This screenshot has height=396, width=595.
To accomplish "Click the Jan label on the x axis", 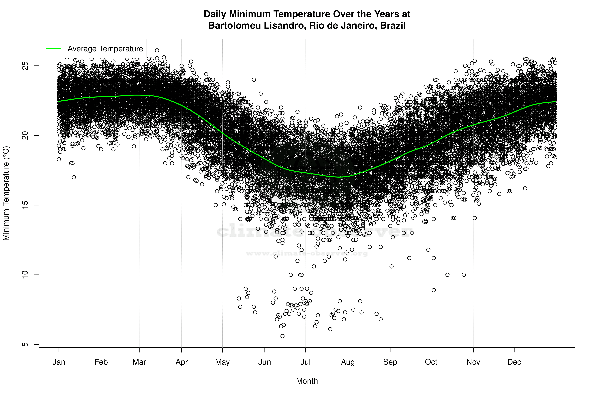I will pyautogui.click(x=59, y=362).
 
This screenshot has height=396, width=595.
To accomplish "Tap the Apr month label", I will pyautogui.click(x=182, y=362).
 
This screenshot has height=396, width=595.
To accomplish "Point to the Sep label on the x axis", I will pyautogui.click(x=390, y=362).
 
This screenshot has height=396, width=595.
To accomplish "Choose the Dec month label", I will pyautogui.click(x=514, y=362).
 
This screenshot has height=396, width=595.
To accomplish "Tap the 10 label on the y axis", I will pyautogui.click(x=25, y=275).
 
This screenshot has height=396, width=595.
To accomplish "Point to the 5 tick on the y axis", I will pyautogui.click(x=25, y=345).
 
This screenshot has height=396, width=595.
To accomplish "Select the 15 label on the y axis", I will pyautogui.click(x=25, y=205).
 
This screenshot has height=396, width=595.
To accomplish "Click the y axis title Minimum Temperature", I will pyautogui.click(x=6, y=193).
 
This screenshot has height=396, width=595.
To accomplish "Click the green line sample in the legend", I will pyautogui.click(x=53, y=48).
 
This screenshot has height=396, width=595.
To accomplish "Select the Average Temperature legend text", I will pyautogui.click(x=105, y=48).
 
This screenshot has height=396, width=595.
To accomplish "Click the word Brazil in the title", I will pyautogui.click(x=393, y=26).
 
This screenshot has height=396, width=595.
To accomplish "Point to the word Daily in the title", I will pyautogui.click(x=215, y=14).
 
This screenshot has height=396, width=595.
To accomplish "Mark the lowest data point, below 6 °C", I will pyautogui.click(x=282, y=336).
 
